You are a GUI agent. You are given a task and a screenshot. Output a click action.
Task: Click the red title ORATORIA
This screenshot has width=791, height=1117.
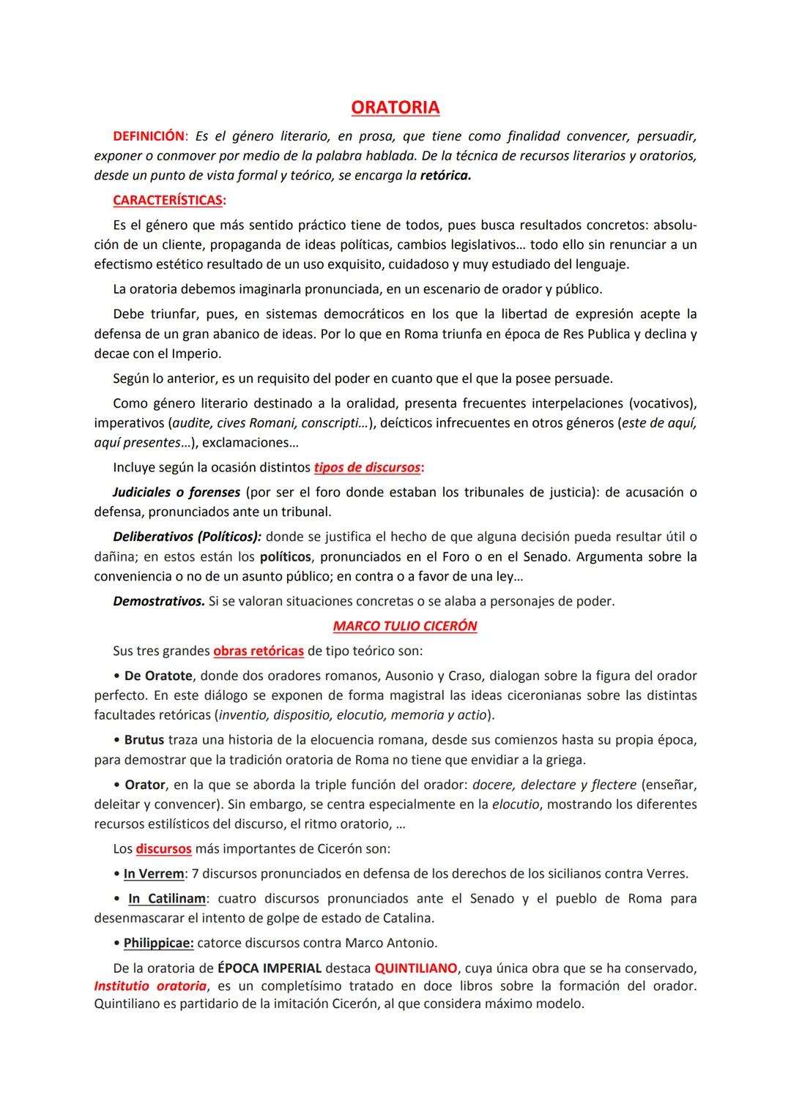[395, 108]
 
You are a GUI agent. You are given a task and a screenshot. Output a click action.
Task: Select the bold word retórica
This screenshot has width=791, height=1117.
[445, 176]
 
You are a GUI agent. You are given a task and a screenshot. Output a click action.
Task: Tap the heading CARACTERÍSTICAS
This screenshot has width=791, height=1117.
[168, 201]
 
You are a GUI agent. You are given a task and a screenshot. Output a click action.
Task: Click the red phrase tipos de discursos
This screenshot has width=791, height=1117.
[367, 468]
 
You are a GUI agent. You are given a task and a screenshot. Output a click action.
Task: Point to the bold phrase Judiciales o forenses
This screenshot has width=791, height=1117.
[177, 493]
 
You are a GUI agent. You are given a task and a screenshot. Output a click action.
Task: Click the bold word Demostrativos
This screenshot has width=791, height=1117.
[158, 602]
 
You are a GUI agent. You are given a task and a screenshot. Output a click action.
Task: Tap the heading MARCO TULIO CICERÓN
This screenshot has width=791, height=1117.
[405, 627]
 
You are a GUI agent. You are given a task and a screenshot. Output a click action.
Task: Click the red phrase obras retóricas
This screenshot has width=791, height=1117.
[259, 651]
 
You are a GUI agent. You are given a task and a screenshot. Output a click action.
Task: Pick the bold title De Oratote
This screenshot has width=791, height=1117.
[158, 676]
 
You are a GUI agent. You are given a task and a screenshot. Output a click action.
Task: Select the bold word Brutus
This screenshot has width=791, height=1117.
[144, 740]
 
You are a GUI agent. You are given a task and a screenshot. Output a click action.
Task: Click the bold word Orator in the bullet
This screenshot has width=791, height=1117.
[144, 785]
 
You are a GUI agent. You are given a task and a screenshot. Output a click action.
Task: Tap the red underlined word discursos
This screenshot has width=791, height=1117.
[163, 849]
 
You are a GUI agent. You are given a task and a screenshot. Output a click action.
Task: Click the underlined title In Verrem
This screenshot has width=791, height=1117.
[154, 874]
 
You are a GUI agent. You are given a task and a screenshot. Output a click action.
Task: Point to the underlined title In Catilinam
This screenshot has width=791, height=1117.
[167, 899]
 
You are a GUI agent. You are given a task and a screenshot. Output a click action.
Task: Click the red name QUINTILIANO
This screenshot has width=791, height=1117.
[416, 968]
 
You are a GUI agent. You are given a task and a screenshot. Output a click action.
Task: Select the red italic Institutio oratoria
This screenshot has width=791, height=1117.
[150, 987]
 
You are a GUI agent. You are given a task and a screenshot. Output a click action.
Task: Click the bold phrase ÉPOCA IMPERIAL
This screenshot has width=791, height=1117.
[270, 968]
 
